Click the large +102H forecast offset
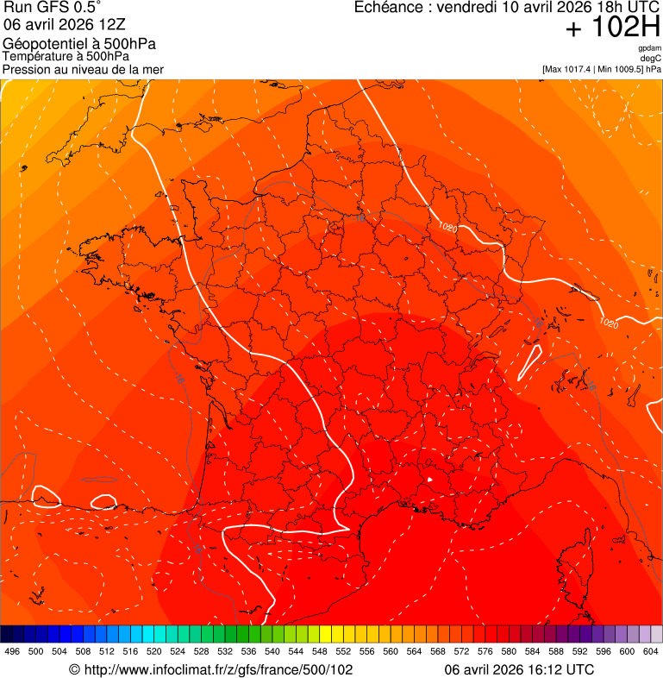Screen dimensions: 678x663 (x=612, y=28)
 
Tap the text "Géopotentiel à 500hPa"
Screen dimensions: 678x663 (x=79, y=44)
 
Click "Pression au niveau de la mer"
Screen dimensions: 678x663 (x=83, y=69)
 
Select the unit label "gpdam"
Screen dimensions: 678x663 (x=649, y=48)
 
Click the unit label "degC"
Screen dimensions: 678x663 (x=651, y=59)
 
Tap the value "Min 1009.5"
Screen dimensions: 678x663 (x=617, y=69)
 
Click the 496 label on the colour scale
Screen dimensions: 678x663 (x=12, y=652)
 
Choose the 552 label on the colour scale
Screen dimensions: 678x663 (x=342, y=652)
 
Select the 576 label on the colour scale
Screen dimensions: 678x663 (x=485, y=652)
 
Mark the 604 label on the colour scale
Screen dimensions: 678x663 (x=650, y=652)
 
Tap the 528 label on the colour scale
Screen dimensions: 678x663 (x=201, y=652)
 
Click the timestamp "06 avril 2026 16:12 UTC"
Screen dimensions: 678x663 (x=518, y=669)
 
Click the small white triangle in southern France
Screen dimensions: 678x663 (x=429, y=479)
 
